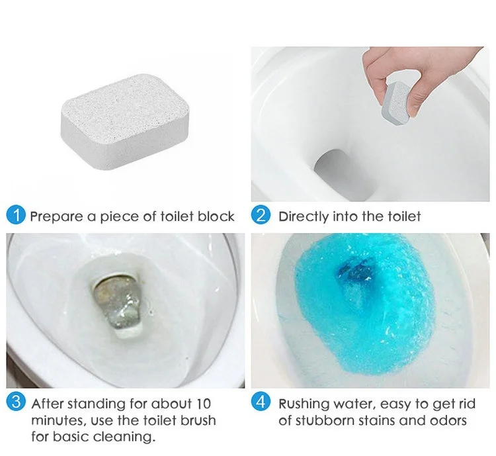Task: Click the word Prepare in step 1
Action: pyautogui.click(x=56, y=216)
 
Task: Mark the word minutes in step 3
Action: pyautogui.click(x=56, y=420)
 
